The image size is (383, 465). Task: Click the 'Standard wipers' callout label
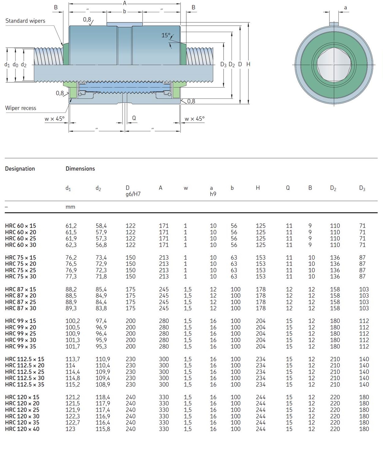(x=25, y=21)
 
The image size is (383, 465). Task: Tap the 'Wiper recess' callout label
(x=20, y=108)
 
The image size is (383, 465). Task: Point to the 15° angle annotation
(x=166, y=35)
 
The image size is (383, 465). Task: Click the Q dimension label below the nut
(x=134, y=118)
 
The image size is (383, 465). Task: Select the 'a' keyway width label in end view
(x=345, y=8)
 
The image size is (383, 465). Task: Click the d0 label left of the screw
(x=15, y=65)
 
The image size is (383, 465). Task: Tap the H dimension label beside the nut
(x=248, y=64)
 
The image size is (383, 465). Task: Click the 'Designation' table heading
(x=20, y=169)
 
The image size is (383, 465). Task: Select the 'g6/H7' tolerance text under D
(x=133, y=194)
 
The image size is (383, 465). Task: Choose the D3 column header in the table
(x=362, y=188)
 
